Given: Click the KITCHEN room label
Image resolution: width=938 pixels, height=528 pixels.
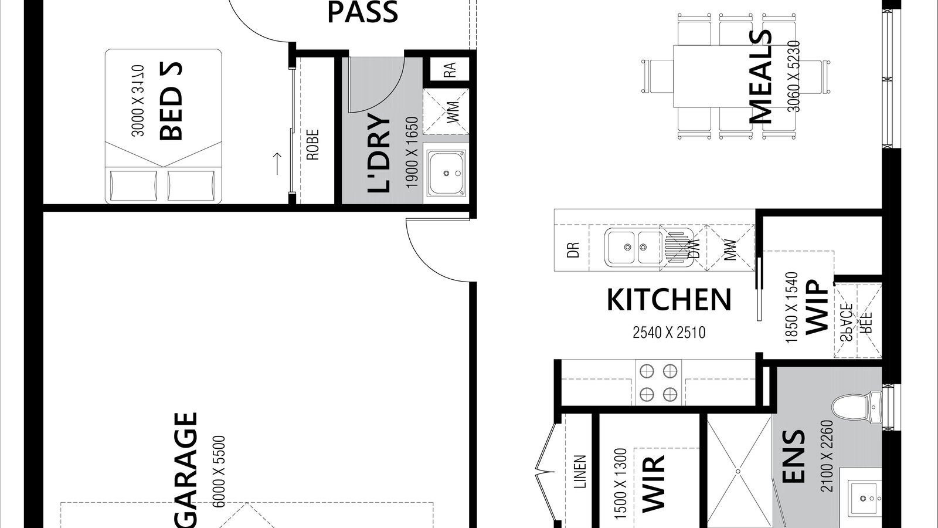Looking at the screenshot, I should pyautogui.click(x=668, y=300).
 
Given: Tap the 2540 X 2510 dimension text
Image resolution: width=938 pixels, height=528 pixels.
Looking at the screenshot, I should pyautogui.click(x=668, y=333).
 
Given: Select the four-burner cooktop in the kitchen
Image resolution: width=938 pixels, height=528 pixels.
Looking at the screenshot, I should pyautogui.click(x=658, y=382).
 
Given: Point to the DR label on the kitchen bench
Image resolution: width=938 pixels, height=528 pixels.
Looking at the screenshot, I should pyautogui.click(x=574, y=250).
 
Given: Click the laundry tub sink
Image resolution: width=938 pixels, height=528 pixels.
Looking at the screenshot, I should pyautogui.click(x=446, y=173).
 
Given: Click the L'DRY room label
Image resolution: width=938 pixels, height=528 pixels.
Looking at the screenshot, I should pyautogui.click(x=379, y=154).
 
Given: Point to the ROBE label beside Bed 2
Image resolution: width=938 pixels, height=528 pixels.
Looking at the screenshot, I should pyautogui.click(x=312, y=145).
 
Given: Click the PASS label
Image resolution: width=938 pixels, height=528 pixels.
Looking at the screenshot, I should pyautogui.click(x=362, y=13).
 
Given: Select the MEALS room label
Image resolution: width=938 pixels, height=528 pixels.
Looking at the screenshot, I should pyautogui.click(x=761, y=76).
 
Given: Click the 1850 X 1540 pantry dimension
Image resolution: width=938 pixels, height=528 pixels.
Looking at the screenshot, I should pyautogui.click(x=791, y=307).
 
